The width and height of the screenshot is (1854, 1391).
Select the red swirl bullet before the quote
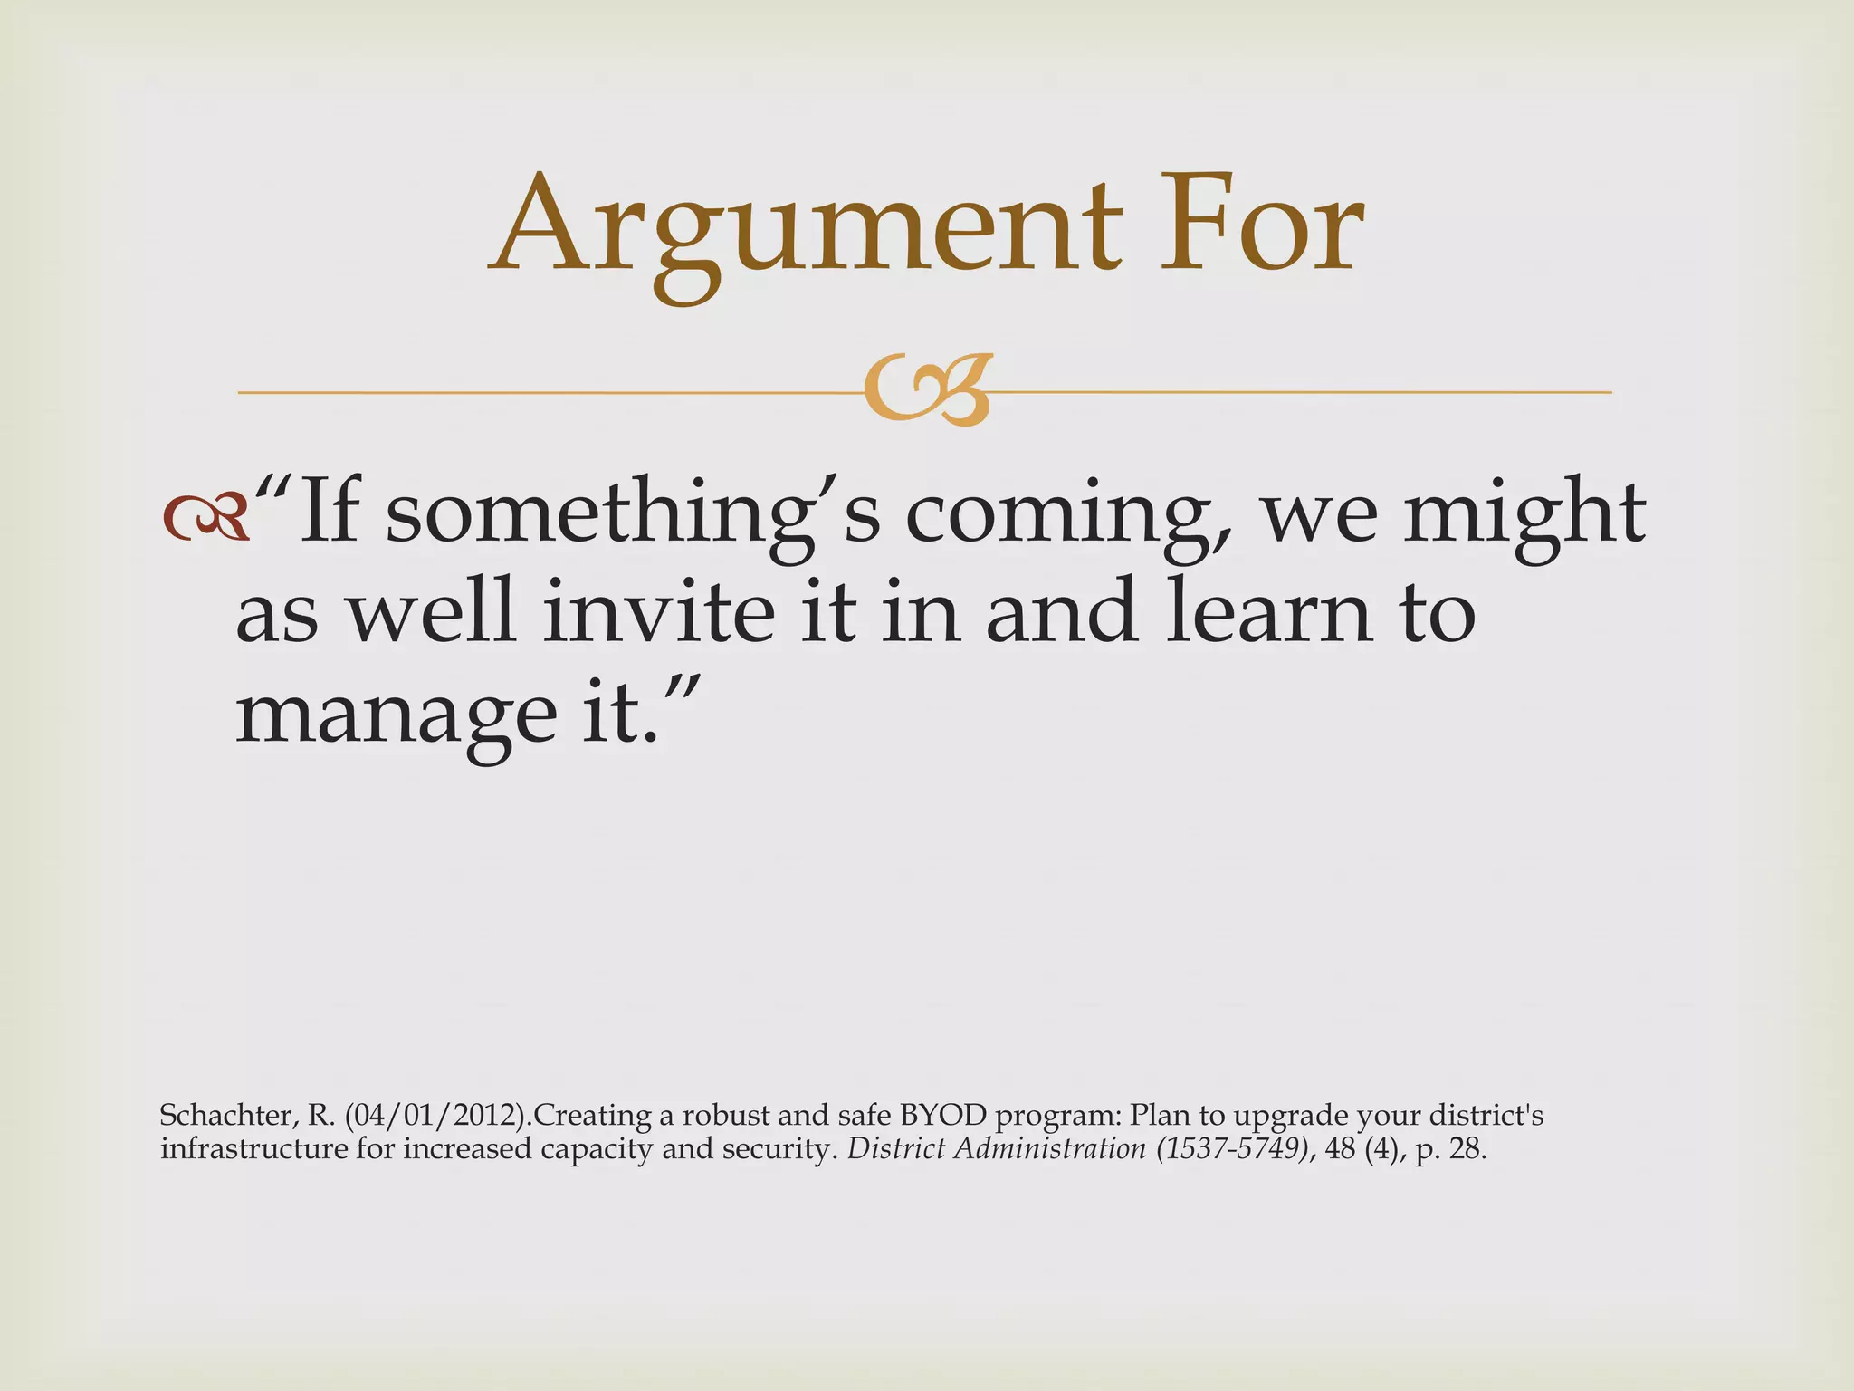(x=205, y=519)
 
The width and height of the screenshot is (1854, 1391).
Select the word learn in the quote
(x=1268, y=614)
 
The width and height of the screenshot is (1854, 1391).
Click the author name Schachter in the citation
(x=226, y=1115)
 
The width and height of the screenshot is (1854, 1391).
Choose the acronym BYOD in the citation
(x=942, y=1115)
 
